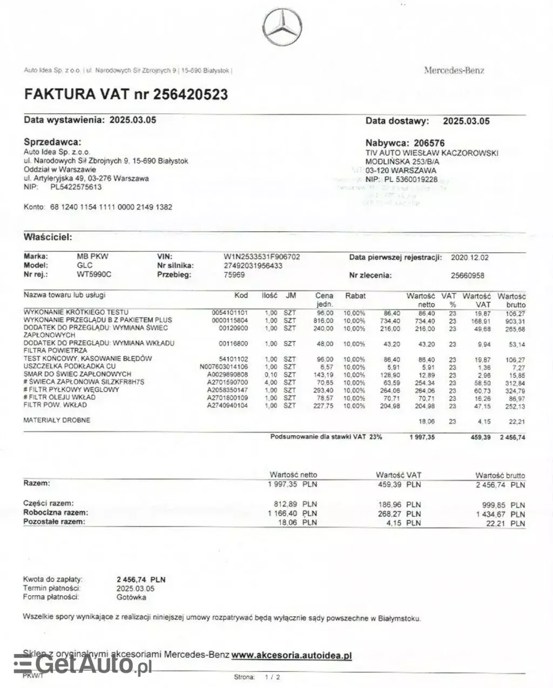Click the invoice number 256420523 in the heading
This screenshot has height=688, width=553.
click(x=191, y=95)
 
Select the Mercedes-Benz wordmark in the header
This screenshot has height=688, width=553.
click(x=454, y=70)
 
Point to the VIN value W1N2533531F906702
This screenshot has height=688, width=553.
click(x=262, y=257)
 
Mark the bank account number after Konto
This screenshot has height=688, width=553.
click(x=111, y=207)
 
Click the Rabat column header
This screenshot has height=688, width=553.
click(x=355, y=296)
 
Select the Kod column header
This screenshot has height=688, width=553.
click(x=241, y=296)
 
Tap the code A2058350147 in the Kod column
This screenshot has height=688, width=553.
click(x=227, y=390)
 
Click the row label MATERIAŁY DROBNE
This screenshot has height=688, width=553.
click(x=56, y=420)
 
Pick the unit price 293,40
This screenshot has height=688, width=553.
click(x=324, y=390)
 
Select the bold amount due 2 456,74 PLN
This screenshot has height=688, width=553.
click(x=141, y=579)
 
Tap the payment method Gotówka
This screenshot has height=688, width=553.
click(x=131, y=597)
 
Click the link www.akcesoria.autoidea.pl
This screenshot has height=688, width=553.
click(x=292, y=655)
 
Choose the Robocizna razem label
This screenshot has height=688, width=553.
click(x=56, y=512)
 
